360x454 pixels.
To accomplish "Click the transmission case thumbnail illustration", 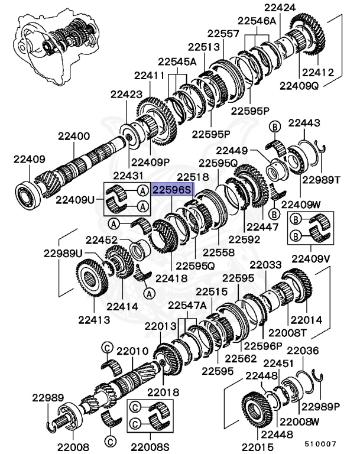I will (x=52, y=42).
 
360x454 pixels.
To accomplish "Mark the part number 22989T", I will (x=321, y=180).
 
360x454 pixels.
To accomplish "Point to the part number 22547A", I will (x=187, y=305).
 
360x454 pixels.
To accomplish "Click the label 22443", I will (x=304, y=124).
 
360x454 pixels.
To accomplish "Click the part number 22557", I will (x=223, y=34).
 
